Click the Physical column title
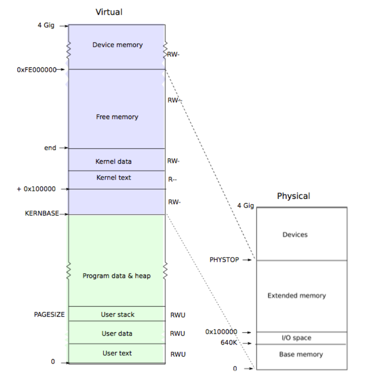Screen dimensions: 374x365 point(293,196)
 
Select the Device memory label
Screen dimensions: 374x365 point(117,45)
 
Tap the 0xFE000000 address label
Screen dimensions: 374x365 point(36,69)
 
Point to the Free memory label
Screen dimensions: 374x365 point(117,117)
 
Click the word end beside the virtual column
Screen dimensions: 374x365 point(50,148)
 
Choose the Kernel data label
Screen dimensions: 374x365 point(113,162)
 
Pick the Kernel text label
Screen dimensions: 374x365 point(113,178)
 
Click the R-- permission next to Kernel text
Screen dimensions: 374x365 point(172,180)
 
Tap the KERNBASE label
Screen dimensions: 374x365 point(42,214)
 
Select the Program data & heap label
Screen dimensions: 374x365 point(117,276)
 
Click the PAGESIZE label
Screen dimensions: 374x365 point(49,314)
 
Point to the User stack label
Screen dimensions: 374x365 point(117,314)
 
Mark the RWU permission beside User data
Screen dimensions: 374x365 point(177,334)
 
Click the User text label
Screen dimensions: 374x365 point(117,353)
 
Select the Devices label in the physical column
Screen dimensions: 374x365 point(295,235)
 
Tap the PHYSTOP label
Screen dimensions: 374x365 point(224,260)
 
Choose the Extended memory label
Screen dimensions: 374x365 point(297,296)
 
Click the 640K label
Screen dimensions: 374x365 point(228,343)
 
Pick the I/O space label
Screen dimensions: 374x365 point(296,338)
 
